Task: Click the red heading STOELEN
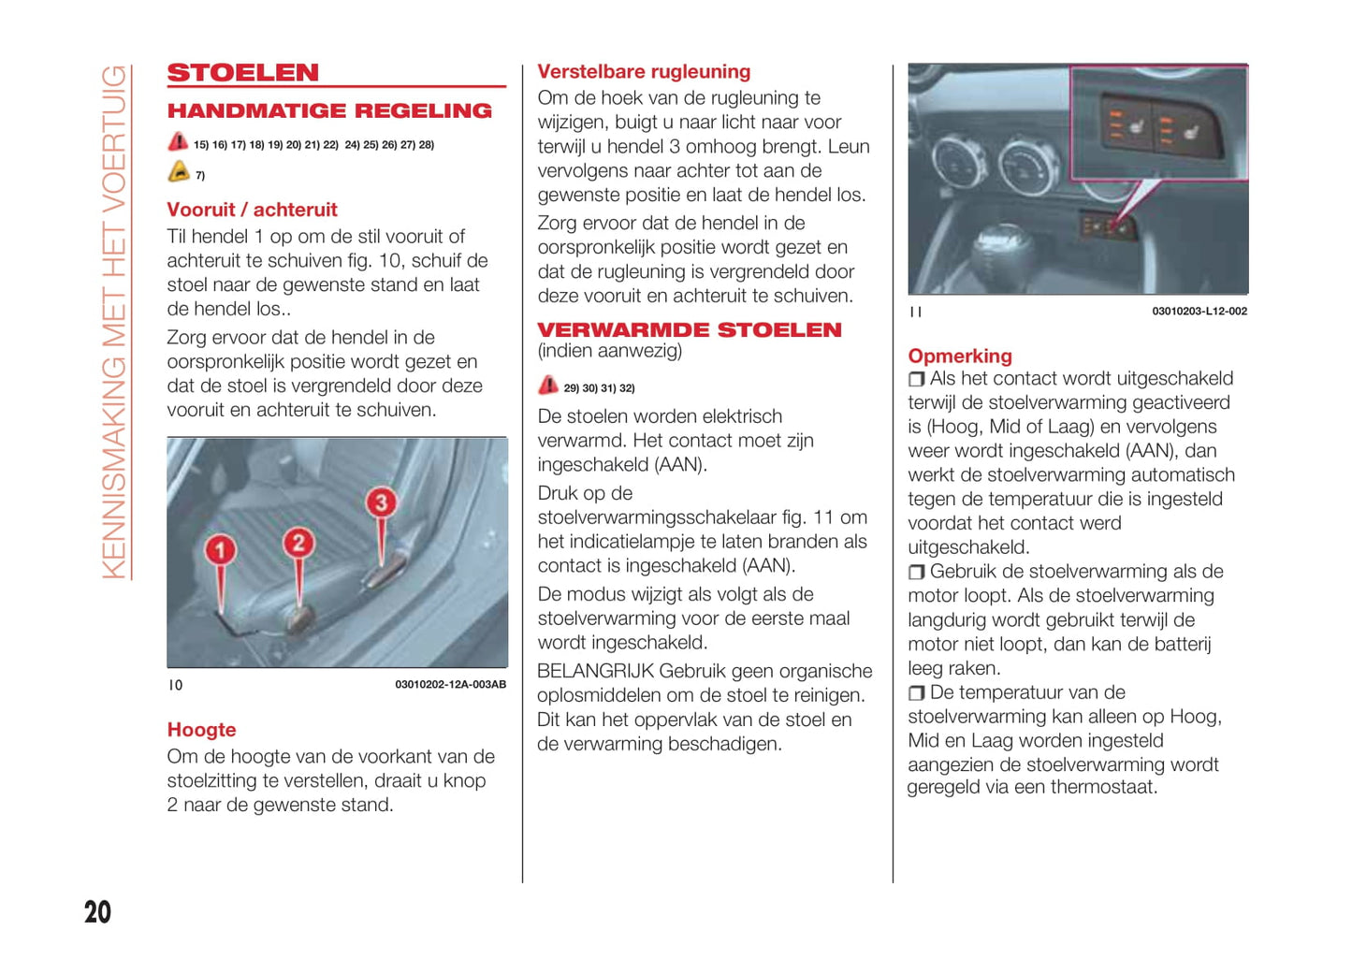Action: pyautogui.click(x=243, y=73)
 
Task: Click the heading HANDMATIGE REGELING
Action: pyautogui.click(x=329, y=111)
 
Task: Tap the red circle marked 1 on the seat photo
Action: pyautogui.click(x=220, y=549)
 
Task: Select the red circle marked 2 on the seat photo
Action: pyautogui.click(x=298, y=543)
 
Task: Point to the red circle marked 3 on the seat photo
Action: pyautogui.click(x=381, y=502)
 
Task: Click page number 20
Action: pyautogui.click(x=97, y=912)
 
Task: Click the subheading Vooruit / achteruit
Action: pyautogui.click(x=252, y=211)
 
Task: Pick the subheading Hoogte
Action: pyautogui.click(x=201, y=731)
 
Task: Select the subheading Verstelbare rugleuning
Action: pyautogui.click(x=644, y=72)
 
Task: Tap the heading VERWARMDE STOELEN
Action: pyautogui.click(x=690, y=330)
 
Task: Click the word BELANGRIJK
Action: pyautogui.click(x=595, y=672)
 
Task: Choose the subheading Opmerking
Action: pyautogui.click(x=960, y=356)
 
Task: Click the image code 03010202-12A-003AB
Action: pyautogui.click(x=450, y=685)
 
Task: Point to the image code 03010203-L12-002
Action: pyautogui.click(x=1199, y=312)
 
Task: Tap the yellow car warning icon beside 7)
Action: pyautogui.click(x=179, y=173)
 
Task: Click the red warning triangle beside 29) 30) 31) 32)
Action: pyautogui.click(x=548, y=386)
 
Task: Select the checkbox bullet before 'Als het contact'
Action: pyautogui.click(x=917, y=380)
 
